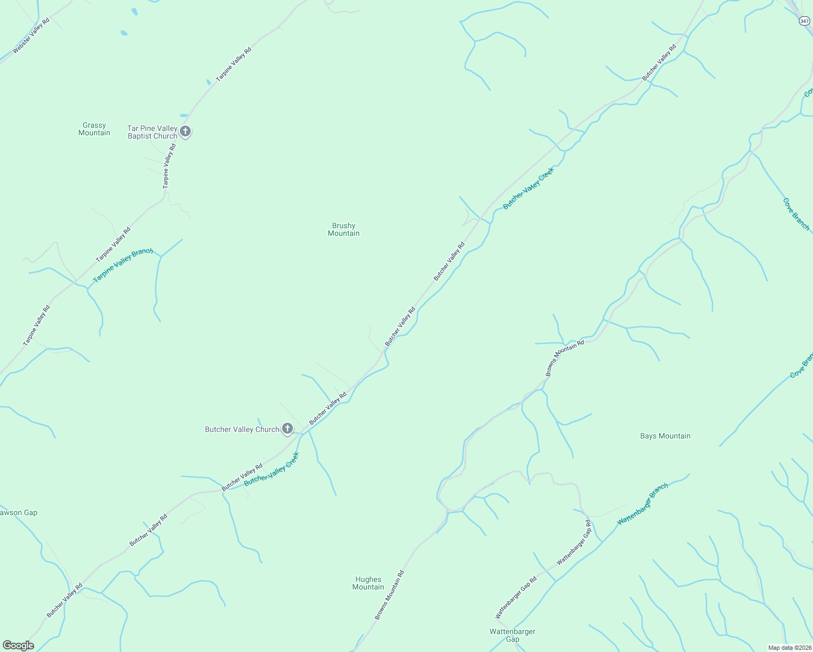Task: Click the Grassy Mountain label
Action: (x=94, y=129)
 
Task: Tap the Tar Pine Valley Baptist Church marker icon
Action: (x=185, y=132)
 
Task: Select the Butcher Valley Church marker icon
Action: (x=287, y=429)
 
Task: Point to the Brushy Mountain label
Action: (x=343, y=230)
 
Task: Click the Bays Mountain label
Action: (x=665, y=436)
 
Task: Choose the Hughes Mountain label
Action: (x=368, y=583)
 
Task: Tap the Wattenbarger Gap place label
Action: (x=512, y=635)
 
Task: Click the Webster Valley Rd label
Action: (x=31, y=35)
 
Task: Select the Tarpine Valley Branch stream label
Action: (x=123, y=265)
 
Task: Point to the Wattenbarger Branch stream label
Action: (x=643, y=504)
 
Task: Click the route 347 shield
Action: (x=804, y=21)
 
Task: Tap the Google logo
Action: (x=18, y=645)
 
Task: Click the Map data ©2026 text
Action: (x=789, y=648)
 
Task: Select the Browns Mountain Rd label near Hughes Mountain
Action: (x=390, y=595)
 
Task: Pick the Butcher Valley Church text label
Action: (x=242, y=429)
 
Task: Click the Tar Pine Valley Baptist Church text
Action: (x=152, y=132)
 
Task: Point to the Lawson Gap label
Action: (x=18, y=512)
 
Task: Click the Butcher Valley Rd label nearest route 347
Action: (x=659, y=62)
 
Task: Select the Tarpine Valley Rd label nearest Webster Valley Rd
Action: (x=234, y=65)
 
